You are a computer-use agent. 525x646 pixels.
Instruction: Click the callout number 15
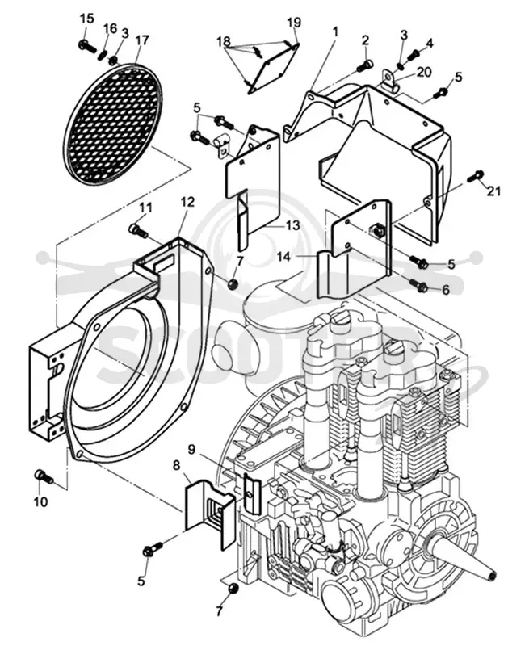pyautogui.click(x=86, y=18)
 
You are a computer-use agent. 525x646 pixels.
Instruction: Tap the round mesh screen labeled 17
pyautogui.click(x=113, y=124)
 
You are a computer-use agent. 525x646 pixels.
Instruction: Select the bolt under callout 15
pyautogui.click(x=87, y=46)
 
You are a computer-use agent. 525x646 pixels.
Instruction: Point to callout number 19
pyautogui.click(x=294, y=23)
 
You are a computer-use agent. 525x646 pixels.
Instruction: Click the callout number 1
pyautogui.click(x=335, y=31)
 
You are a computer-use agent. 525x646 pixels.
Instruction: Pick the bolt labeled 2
pyautogui.click(x=364, y=65)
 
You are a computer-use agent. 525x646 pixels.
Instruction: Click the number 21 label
pyautogui.click(x=494, y=191)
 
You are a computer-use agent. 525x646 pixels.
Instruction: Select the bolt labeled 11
pyautogui.click(x=138, y=230)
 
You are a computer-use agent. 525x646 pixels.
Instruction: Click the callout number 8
pyautogui.click(x=176, y=466)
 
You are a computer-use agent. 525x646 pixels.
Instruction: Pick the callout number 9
pyautogui.click(x=191, y=449)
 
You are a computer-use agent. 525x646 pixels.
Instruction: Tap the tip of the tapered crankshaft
pyautogui.click(x=493, y=575)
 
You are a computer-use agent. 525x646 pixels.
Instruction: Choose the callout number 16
pyautogui.click(x=110, y=29)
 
